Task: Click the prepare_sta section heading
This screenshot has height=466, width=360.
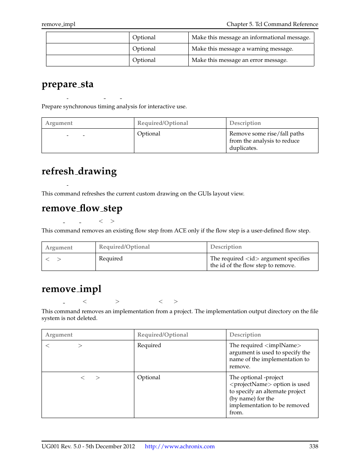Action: pyautogui.click(x=68, y=84)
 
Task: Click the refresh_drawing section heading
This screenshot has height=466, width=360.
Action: pyautogui.click(x=79, y=171)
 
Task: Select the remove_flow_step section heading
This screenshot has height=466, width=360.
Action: pyautogui.click(x=82, y=208)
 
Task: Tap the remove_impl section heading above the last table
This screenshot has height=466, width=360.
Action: pyautogui.click(x=71, y=289)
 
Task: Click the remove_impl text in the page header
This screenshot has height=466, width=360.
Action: pyautogui.click(x=58, y=24)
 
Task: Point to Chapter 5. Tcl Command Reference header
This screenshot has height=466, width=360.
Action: pyautogui.click(x=272, y=24)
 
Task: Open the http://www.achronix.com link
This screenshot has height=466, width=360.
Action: pyautogui.click(x=180, y=446)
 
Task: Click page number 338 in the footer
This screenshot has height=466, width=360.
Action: pyautogui.click(x=314, y=446)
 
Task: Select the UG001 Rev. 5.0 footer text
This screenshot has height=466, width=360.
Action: pyautogui.click(x=88, y=446)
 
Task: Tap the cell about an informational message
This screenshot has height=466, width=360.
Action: pyautogui.click(x=251, y=38)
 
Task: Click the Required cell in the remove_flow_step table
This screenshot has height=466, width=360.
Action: pyautogui.click(x=111, y=258)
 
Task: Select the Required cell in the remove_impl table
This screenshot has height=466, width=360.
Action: pyautogui.click(x=149, y=345)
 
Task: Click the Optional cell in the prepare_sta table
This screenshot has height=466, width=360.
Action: pyautogui.click(x=149, y=134)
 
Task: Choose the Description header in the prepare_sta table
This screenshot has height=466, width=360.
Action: pyautogui.click(x=245, y=123)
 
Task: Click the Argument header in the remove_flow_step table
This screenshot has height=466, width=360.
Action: pyautogui.click(x=59, y=248)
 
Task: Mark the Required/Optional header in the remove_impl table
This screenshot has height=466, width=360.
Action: pyautogui.click(x=163, y=335)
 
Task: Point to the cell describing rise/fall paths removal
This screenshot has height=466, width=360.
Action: pyautogui.click(x=266, y=141)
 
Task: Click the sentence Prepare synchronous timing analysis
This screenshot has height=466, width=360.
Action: pyautogui.click(x=114, y=106)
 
